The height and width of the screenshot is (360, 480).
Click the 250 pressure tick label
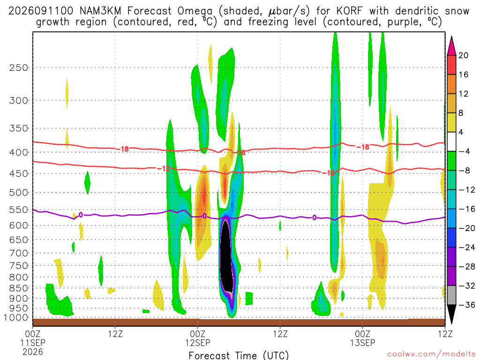[18, 67]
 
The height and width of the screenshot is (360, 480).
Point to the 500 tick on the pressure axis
[18, 193]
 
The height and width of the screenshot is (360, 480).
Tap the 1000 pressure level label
[16, 318]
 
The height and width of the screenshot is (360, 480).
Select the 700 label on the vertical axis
[18, 253]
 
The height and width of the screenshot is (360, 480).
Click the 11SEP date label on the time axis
[33, 343]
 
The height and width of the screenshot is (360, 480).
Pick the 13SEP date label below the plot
[363, 343]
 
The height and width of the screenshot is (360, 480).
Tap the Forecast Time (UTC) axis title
[239, 355]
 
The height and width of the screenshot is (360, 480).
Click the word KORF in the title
[349, 11]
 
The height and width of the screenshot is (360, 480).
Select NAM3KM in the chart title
[100, 11]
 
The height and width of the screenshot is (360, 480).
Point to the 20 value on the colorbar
[463, 55]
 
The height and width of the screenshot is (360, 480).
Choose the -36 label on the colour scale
[466, 305]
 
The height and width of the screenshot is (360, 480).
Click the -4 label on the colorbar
[464, 151]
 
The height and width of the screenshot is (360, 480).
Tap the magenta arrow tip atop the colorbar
[451, 37]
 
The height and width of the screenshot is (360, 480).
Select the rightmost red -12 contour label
[329, 173]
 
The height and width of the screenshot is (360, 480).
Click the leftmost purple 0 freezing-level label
[81, 215]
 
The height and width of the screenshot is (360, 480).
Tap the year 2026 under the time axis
[33, 352]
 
